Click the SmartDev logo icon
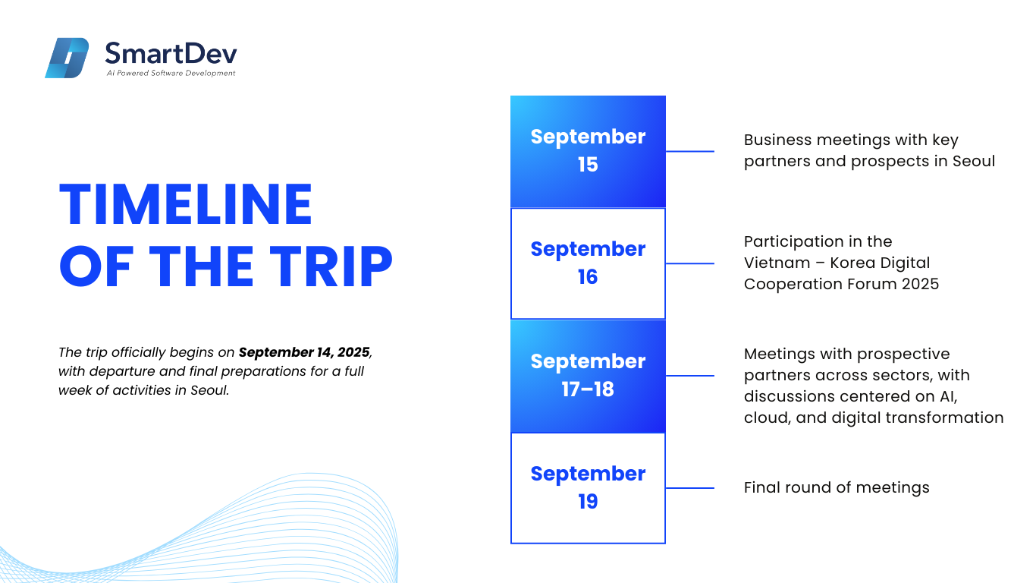tap(67, 58)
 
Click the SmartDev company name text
tap(171, 54)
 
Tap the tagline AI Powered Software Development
tap(171, 73)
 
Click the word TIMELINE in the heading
tap(186, 204)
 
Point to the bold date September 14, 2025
tap(304, 352)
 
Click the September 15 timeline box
tap(588, 151)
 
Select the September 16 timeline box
tap(588, 263)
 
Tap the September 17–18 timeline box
tap(588, 376)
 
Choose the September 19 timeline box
tap(588, 488)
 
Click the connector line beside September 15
tap(690, 151)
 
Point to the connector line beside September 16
tap(690, 263)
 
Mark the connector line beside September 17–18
tap(690, 376)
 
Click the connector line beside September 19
tap(690, 488)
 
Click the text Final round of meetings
tap(837, 487)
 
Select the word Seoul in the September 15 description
tap(974, 161)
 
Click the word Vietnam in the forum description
tap(777, 263)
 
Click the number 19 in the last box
tap(588, 502)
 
